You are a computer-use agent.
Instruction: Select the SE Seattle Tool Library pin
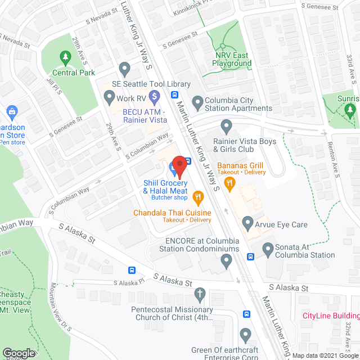125,69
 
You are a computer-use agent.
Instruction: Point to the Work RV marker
109,99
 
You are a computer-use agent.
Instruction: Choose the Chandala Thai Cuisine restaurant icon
197,196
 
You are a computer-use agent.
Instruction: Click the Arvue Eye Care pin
247,224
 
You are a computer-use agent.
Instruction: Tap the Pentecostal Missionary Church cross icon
200,294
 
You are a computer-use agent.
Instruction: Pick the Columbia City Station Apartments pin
197,102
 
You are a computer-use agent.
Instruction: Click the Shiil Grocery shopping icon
172,167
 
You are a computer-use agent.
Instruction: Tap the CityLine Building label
330,316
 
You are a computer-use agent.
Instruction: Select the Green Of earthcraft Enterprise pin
245,335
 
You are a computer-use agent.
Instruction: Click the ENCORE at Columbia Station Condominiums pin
226,259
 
